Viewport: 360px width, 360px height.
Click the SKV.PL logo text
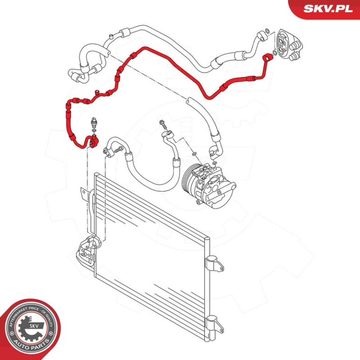(328, 9)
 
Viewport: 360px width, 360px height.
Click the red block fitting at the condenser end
(94, 142)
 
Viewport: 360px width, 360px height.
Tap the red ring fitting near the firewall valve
(267, 58)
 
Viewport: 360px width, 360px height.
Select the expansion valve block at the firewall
(288, 45)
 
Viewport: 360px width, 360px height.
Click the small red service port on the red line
(97, 92)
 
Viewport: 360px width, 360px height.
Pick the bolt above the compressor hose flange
(163, 124)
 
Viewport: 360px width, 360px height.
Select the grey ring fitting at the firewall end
(261, 36)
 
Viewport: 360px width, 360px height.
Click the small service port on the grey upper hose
(111, 36)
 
